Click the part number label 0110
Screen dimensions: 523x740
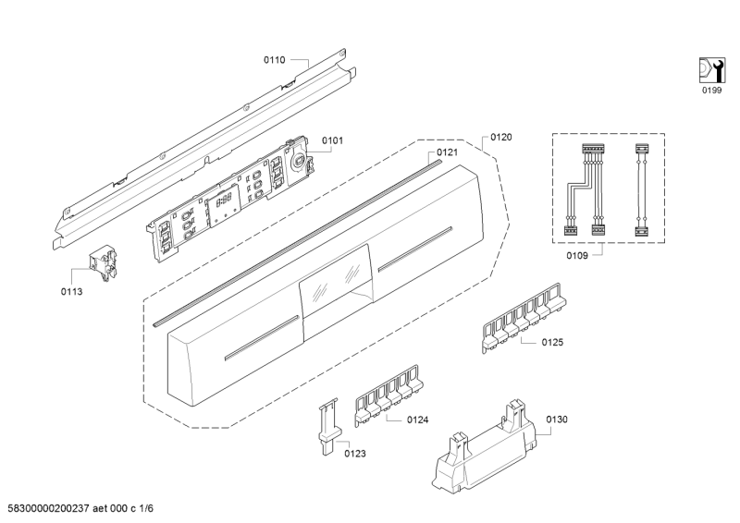[274, 60]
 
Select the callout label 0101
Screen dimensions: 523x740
[332, 141]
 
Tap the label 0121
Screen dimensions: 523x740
[448, 152]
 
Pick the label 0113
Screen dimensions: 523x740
[72, 291]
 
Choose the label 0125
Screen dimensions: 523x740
[552, 342]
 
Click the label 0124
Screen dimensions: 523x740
[417, 420]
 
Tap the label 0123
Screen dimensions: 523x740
[355, 453]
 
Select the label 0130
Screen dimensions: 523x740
[556, 420]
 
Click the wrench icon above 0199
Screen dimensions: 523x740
[709, 69]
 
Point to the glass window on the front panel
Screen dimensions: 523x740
[334, 279]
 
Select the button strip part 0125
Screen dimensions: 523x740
[523, 314]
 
